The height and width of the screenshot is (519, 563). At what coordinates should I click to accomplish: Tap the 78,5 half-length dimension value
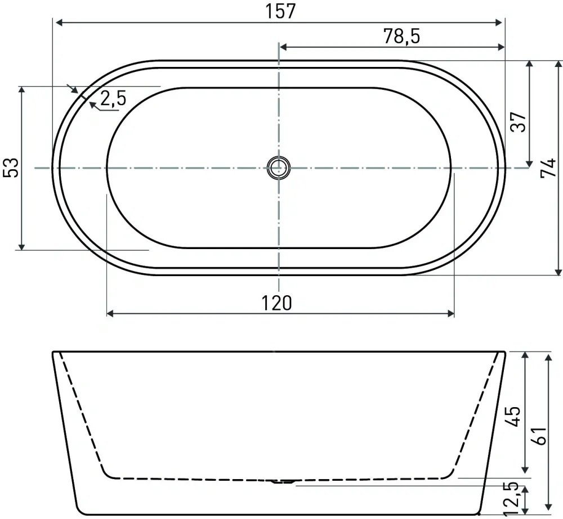click(x=401, y=36)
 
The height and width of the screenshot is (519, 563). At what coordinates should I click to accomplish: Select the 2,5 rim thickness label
click(x=113, y=98)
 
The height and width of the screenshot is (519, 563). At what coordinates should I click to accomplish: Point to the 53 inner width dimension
click(x=11, y=167)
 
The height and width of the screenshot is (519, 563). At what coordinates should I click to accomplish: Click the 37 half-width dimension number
click(x=519, y=122)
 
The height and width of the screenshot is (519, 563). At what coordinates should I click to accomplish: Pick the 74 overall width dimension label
click(x=548, y=168)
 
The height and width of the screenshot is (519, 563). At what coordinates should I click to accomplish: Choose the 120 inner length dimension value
click(x=276, y=303)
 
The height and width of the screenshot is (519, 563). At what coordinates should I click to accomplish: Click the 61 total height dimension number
click(x=539, y=435)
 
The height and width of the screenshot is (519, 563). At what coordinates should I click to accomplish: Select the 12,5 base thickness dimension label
click(x=512, y=499)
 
